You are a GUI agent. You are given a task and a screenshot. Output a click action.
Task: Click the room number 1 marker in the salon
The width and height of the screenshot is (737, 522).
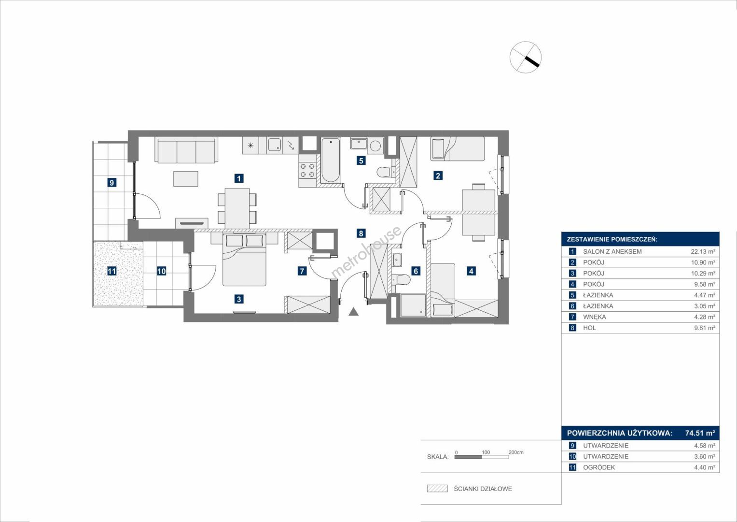tap(239, 178)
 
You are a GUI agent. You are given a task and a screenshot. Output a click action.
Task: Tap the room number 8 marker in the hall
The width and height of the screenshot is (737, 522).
tap(361, 233)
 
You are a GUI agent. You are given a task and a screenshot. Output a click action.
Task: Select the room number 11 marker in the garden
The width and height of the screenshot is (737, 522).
tap(112, 271)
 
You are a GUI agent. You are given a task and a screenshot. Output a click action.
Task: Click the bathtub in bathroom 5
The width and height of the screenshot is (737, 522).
tap(330, 160)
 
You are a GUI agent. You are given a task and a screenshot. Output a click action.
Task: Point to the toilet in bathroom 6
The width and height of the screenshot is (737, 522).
tap(402, 280)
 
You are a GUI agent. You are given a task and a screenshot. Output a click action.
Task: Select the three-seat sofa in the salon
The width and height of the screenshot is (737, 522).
tap(187, 150)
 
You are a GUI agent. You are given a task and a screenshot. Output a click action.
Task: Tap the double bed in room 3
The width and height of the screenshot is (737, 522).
tap(244, 260)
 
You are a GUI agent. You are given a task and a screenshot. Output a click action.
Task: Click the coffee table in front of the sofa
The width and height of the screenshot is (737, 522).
tap(186, 179)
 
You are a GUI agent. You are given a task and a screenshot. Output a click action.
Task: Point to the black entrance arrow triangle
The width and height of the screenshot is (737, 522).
tap(353, 312)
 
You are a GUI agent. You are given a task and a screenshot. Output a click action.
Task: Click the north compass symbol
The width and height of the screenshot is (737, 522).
tap(526, 57)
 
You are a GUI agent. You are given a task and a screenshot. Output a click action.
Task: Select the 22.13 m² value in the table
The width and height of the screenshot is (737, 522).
tap(703, 251)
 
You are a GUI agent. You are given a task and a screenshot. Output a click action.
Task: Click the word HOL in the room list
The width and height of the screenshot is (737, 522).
tap(589, 328)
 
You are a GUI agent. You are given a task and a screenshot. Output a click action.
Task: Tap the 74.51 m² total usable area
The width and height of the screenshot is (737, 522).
tap(700, 433)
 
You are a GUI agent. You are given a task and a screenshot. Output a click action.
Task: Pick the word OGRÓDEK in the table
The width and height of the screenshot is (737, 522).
tap(599, 467)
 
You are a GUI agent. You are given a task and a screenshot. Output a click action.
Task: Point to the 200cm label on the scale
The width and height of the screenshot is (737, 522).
tap(516, 452)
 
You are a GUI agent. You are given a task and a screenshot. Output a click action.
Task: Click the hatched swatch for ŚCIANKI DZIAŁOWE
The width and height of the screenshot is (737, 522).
tap(437, 488)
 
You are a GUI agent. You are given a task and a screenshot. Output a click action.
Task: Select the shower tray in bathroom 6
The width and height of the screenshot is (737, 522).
tap(413, 305)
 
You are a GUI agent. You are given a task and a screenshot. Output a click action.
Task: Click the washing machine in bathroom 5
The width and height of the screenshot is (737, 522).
tap(375, 145)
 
